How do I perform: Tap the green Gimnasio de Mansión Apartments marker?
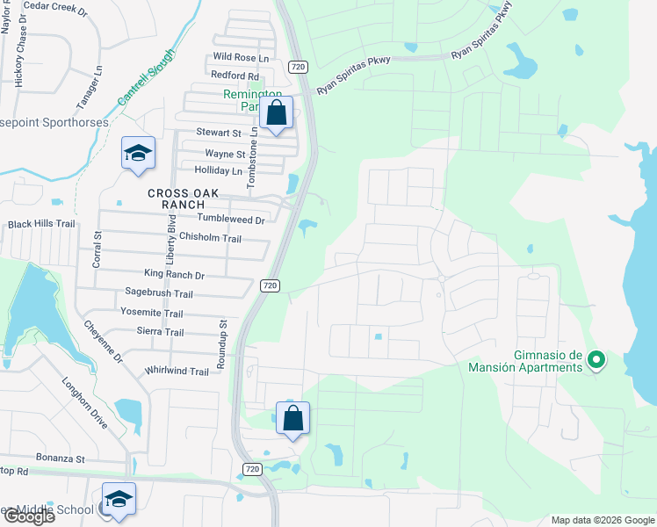pos(596,360)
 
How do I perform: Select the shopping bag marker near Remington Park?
pos(276,114)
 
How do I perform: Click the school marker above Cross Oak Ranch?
pos(139,154)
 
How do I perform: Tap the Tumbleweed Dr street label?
pos(231,220)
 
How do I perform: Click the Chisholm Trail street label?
pos(209,238)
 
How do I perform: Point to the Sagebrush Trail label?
pos(158,294)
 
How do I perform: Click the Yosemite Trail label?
pos(151,314)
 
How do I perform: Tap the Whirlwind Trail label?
pos(177,372)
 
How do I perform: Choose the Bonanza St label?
pos(60,458)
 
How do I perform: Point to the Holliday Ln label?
pos(218,170)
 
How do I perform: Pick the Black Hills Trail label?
pos(41,224)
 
